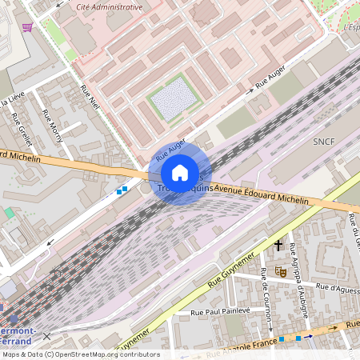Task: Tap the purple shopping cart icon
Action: tap(28, 27)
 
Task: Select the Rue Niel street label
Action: tap(90, 98)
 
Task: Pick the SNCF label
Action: tap(325, 141)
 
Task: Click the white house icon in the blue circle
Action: tap(180, 173)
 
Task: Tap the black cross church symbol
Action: tap(278, 245)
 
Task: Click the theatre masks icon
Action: tap(281, 271)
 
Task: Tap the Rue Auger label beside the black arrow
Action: tap(270, 77)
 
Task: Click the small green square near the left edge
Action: tap(8, 213)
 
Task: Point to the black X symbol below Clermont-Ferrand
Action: tap(46, 337)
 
